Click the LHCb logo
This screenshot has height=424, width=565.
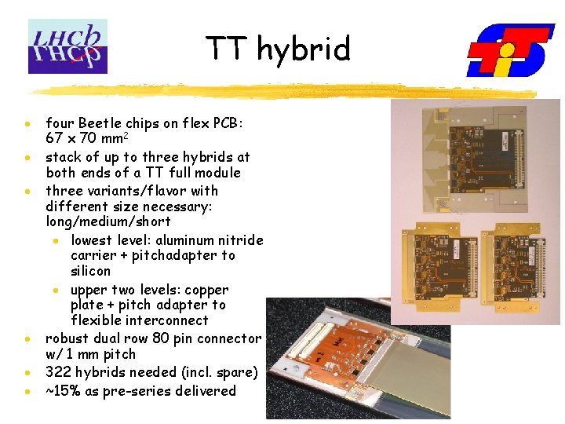67,46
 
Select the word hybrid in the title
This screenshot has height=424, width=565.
302,49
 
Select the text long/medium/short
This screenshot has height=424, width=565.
108,221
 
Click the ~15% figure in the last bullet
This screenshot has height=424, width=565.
64,391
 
